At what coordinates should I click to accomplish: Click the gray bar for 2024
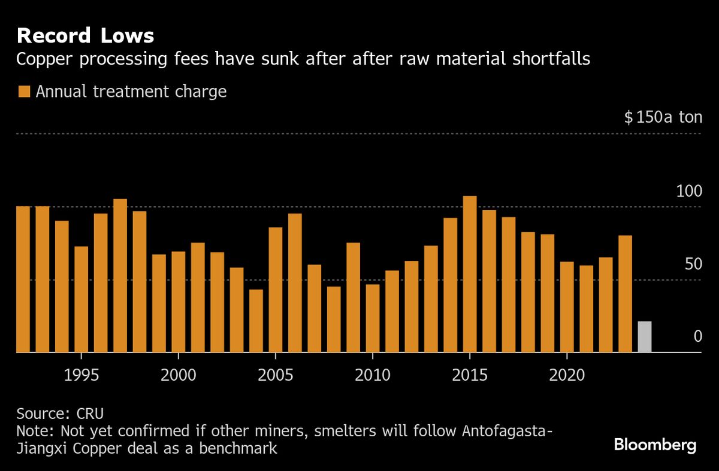pyautogui.click(x=644, y=338)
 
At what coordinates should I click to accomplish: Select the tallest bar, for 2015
pyautogui.click(x=470, y=275)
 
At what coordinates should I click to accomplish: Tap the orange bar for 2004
pyautogui.click(x=256, y=321)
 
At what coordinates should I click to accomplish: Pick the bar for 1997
pyautogui.click(x=120, y=276)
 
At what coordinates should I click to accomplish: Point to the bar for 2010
pyautogui.click(x=372, y=318)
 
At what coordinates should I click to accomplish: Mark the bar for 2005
pyautogui.click(x=275, y=290)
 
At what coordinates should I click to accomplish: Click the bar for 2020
pyautogui.click(x=567, y=308)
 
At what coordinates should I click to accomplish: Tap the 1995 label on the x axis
pyautogui.click(x=81, y=375)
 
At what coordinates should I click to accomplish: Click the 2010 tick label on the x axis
pyautogui.click(x=372, y=375)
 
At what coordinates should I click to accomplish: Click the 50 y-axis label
pyautogui.click(x=693, y=265)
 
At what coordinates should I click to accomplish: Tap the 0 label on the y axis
pyautogui.click(x=697, y=337)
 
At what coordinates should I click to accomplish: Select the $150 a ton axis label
pyautogui.click(x=663, y=117)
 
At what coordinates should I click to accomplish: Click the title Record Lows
pyautogui.click(x=85, y=36)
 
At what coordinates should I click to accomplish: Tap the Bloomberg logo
pyautogui.click(x=655, y=445)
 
